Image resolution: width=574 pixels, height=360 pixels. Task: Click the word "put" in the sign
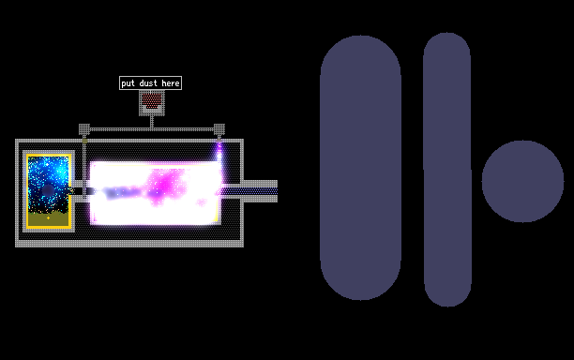click(128, 83)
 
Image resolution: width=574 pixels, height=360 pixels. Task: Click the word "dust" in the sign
click(148, 83)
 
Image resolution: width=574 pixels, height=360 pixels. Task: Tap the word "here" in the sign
click(171, 83)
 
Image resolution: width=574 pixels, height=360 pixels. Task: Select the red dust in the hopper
click(152, 100)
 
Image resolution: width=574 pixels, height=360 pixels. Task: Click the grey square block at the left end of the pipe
click(84, 129)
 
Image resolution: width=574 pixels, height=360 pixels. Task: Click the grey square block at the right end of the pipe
click(219, 129)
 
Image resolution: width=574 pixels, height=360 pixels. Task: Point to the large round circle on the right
click(522, 182)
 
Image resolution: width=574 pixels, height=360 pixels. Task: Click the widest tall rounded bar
click(360, 168)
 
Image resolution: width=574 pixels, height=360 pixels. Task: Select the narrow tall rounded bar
click(447, 170)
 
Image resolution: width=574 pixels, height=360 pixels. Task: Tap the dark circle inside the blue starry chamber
click(48, 190)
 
